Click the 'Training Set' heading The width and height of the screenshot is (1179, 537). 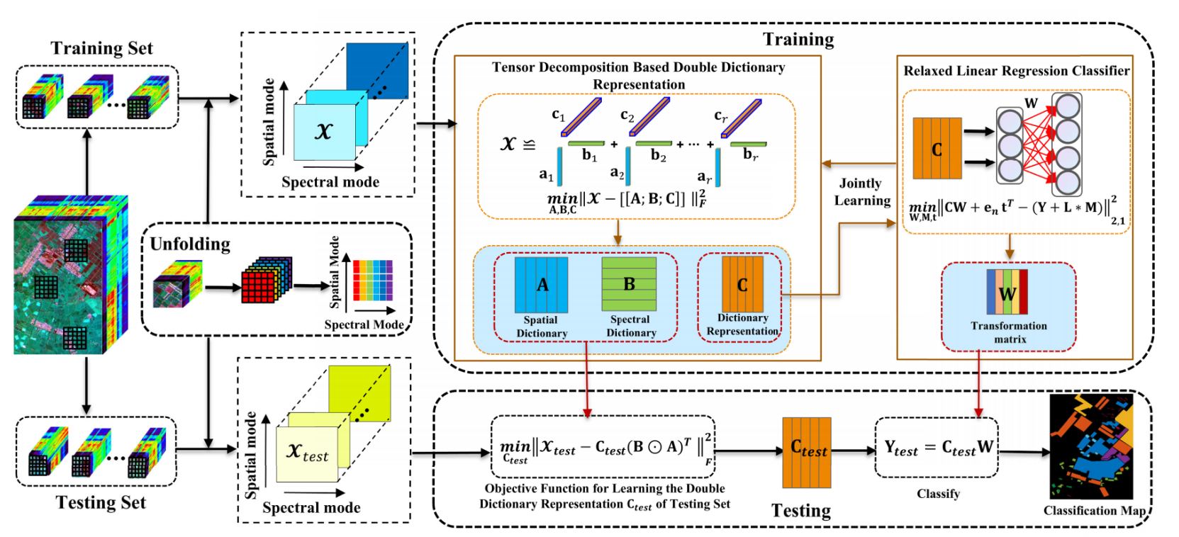point(101,48)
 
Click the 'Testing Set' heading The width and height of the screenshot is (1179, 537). point(101,502)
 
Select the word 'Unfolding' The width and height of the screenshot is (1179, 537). point(190,244)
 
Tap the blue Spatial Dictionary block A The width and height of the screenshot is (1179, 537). point(541,285)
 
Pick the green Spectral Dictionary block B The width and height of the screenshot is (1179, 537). point(629,284)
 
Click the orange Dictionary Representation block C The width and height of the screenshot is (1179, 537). point(742,284)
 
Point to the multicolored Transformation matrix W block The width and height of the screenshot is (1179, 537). point(1007,291)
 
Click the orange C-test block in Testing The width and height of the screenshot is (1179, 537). point(807,452)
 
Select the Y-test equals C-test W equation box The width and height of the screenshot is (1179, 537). point(937,447)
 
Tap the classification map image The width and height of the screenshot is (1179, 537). point(1091,446)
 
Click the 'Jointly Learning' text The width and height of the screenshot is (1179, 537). point(861,192)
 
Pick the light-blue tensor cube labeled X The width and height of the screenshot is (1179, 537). point(325,132)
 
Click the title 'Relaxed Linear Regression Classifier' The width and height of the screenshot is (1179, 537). point(1016,71)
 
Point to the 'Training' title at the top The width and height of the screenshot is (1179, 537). point(798,40)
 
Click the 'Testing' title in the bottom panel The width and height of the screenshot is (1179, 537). point(800,511)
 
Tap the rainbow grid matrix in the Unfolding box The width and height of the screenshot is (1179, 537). point(372,280)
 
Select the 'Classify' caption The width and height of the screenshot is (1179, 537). point(938,494)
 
